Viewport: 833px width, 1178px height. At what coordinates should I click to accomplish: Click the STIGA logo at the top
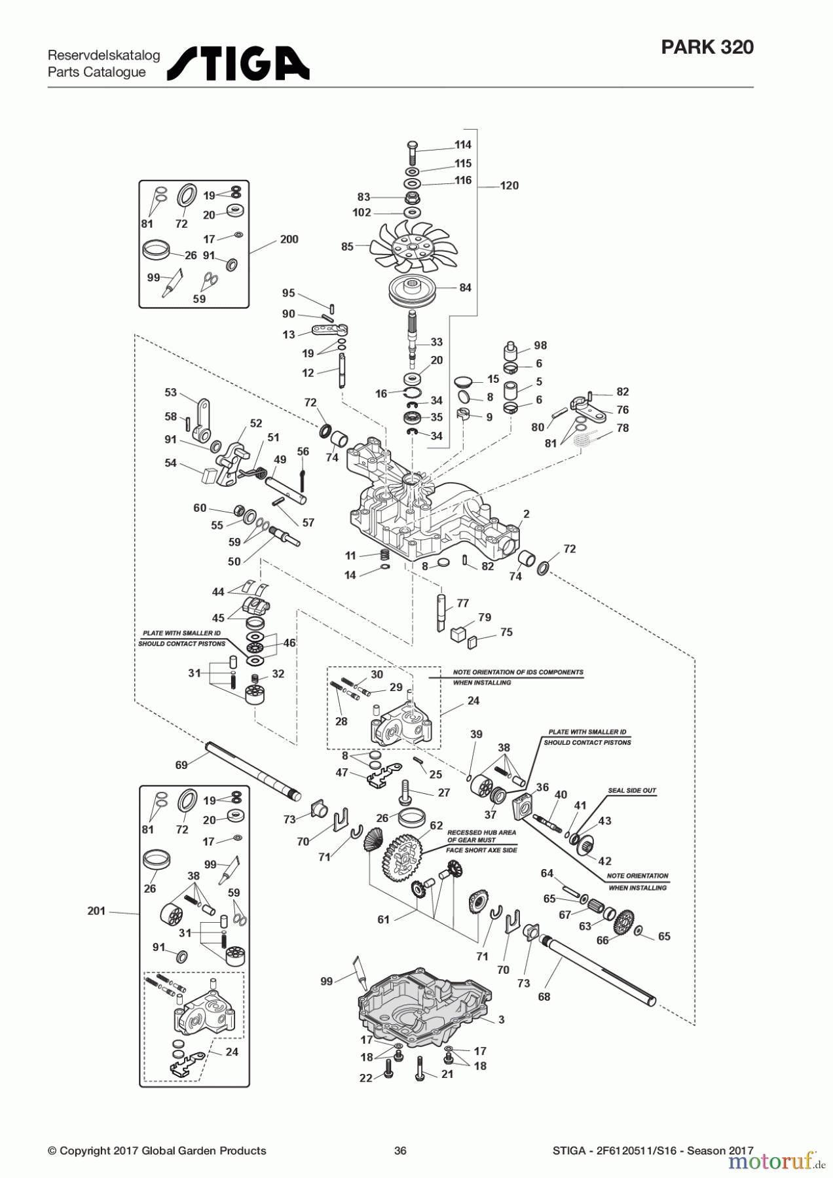point(238,63)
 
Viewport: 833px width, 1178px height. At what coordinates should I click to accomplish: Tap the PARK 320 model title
point(707,47)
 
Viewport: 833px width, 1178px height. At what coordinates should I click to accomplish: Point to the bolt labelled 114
point(413,152)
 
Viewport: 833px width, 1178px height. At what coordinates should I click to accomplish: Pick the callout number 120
point(509,186)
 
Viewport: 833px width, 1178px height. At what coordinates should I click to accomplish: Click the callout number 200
point(289,240)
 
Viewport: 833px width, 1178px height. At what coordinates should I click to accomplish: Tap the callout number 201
point(96,911)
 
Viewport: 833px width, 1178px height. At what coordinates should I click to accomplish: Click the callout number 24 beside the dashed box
point(473,701)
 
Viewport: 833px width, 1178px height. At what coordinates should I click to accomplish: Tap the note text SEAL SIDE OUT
point(632,791)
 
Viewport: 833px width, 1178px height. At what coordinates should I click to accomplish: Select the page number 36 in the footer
point(400,1151)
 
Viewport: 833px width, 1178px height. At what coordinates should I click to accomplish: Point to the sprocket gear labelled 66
point(625,922)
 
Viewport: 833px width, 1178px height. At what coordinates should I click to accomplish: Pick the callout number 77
point(462,603)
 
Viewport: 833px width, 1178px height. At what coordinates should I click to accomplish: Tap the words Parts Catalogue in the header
point(97,72)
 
